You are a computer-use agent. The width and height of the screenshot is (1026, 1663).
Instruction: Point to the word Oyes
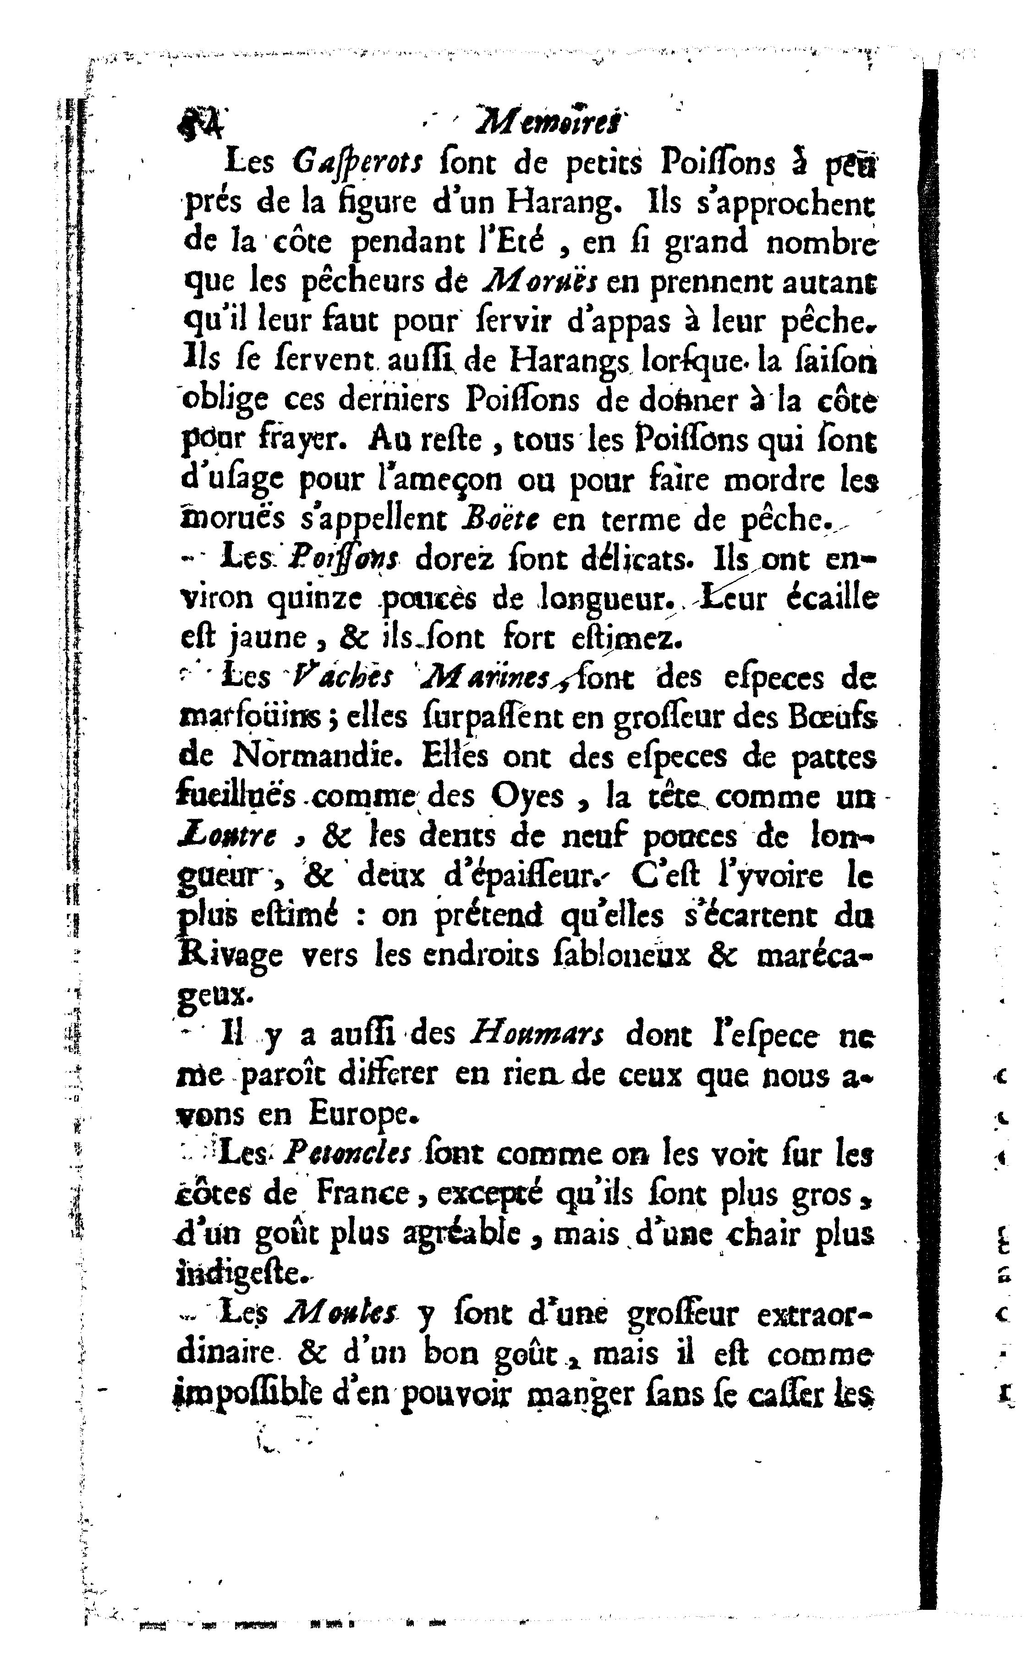pyautogui.click(x=528, y=796)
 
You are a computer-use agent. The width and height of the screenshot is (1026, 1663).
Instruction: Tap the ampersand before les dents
pyautogui.click(x=336, y=837)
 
